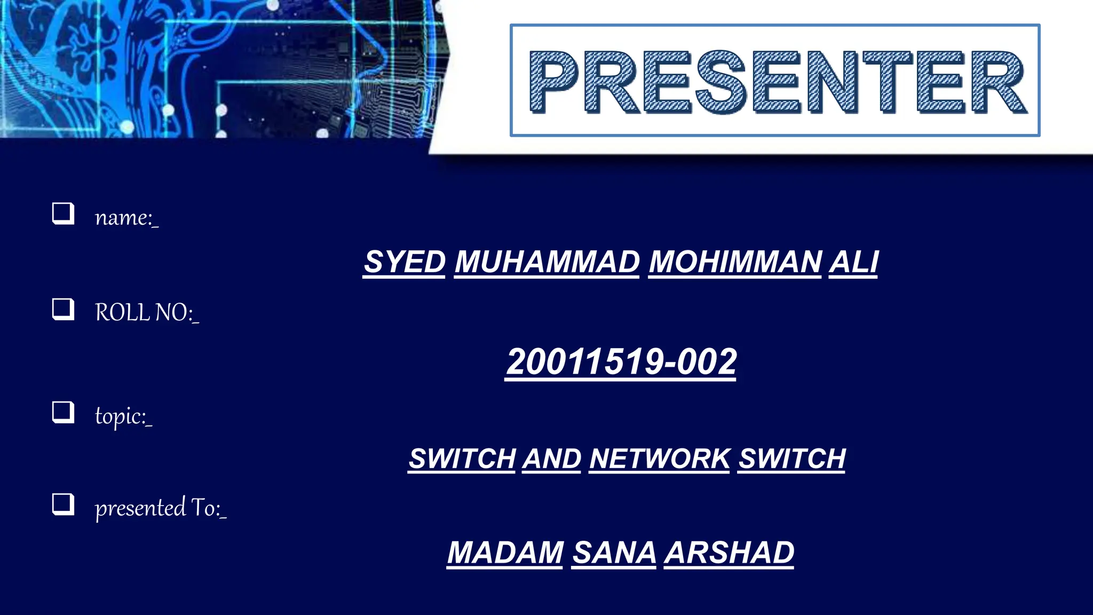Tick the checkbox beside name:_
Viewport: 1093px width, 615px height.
click(x=63, y=214)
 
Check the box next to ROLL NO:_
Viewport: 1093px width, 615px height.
click(x=63, y=309)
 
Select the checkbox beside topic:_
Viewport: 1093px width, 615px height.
click(x=63, y=412)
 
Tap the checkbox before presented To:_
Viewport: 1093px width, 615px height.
click(x=63, y=504)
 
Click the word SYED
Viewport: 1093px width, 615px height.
click(x=405, y=262)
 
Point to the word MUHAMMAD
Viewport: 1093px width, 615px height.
click(x=547, y=262)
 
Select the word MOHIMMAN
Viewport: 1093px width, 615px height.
click(x=735, y=262)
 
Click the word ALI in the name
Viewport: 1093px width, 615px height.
click(x=853, y=262)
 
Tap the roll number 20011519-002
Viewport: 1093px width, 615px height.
click(x=621, y=362)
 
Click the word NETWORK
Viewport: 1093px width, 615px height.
click(x=660, y=459)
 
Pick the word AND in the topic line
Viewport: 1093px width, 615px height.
click(x=551, y=459)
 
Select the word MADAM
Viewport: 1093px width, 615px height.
click(x=505, y=553)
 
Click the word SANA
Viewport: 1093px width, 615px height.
click(x=614, y=553)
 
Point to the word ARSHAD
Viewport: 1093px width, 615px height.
click(x=729, y=553)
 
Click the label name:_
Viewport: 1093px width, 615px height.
click(x=126, y=217)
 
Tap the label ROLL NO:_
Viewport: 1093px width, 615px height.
click(x=147, y=312)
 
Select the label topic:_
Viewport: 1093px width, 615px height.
click(x=123, y=416)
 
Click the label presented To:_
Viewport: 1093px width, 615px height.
click(x=161, y=508)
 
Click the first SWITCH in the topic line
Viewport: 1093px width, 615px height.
click(x=462, y=459)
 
